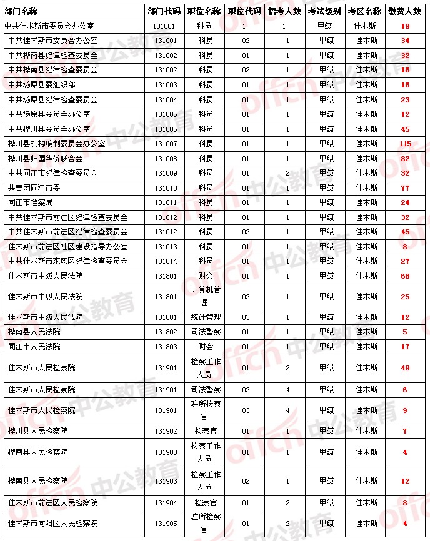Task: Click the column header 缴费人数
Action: click(404, 11)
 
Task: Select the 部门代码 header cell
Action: click(164, 11)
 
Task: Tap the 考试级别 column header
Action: click(325, 11)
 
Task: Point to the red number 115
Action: click(405, 144)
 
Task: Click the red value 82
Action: click(405, 159)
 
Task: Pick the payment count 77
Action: click(405, 188)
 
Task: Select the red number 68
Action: click(405, 276)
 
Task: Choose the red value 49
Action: click(405, 368)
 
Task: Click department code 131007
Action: click(165, 144)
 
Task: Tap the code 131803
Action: click(165, 347)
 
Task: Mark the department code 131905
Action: click(165, 524)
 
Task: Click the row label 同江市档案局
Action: click(31, 202)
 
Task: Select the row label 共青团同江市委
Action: click(34, 188)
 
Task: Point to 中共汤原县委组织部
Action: click(42, 85)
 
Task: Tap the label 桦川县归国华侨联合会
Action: click(46, 159)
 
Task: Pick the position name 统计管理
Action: click(206, 317)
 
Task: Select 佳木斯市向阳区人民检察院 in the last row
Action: click(53, 524)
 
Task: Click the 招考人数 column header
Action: click(284, 11)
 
